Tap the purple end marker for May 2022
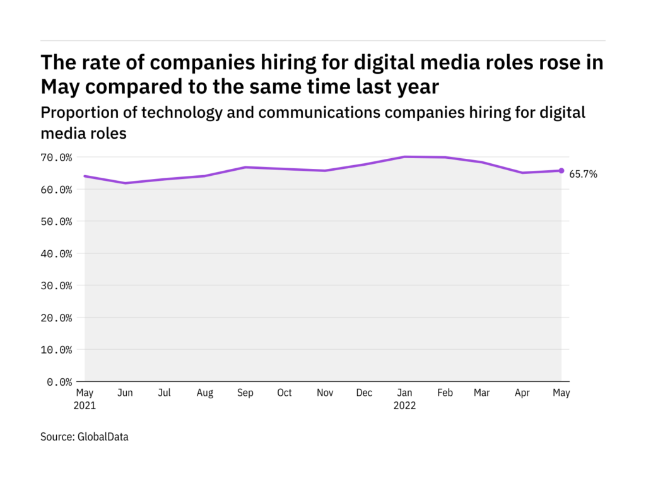[x=561, y=171]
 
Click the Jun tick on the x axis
[x=125, y=393]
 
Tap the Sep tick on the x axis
[x=245, y=393]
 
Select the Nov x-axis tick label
[x=324, y=393]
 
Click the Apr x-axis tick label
[x=523, y=393]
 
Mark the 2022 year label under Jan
[x=404, y=406]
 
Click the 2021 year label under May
[x=85, y=406]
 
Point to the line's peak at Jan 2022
[x=404, y=157]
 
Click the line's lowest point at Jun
[x=125, y=183]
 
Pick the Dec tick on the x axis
[x=364, y=393]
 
